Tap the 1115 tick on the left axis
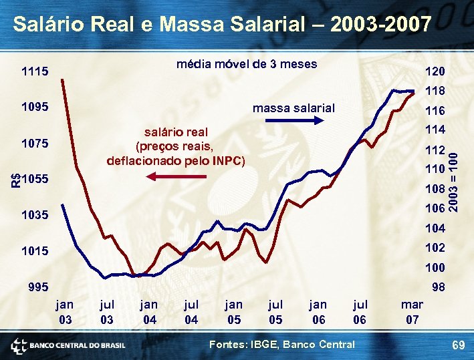(34, 71)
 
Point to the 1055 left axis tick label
(34, 180)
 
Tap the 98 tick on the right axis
(438, 287)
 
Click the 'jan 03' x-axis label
(65, 312)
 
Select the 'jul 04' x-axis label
(191, 312)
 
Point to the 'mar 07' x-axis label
(412, 312)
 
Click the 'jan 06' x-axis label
(318, 312)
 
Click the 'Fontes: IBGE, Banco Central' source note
(282, 344)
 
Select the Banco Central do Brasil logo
(68, 345)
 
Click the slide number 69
(458, 345)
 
